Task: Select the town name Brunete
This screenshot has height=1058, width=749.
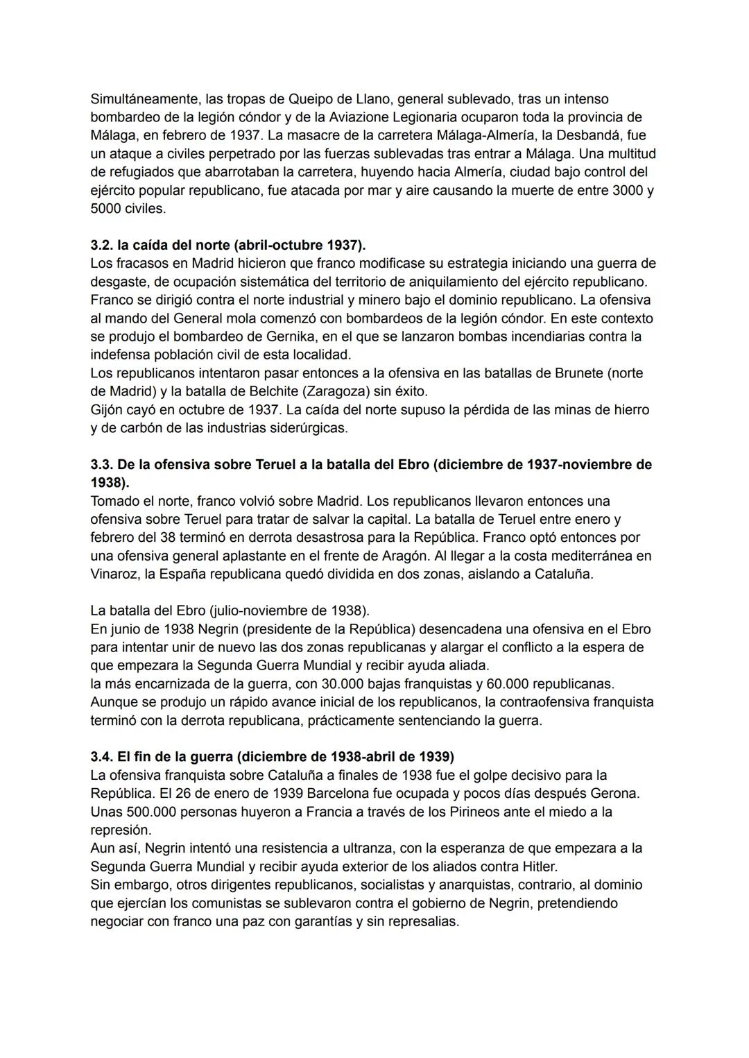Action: coord(578,373)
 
